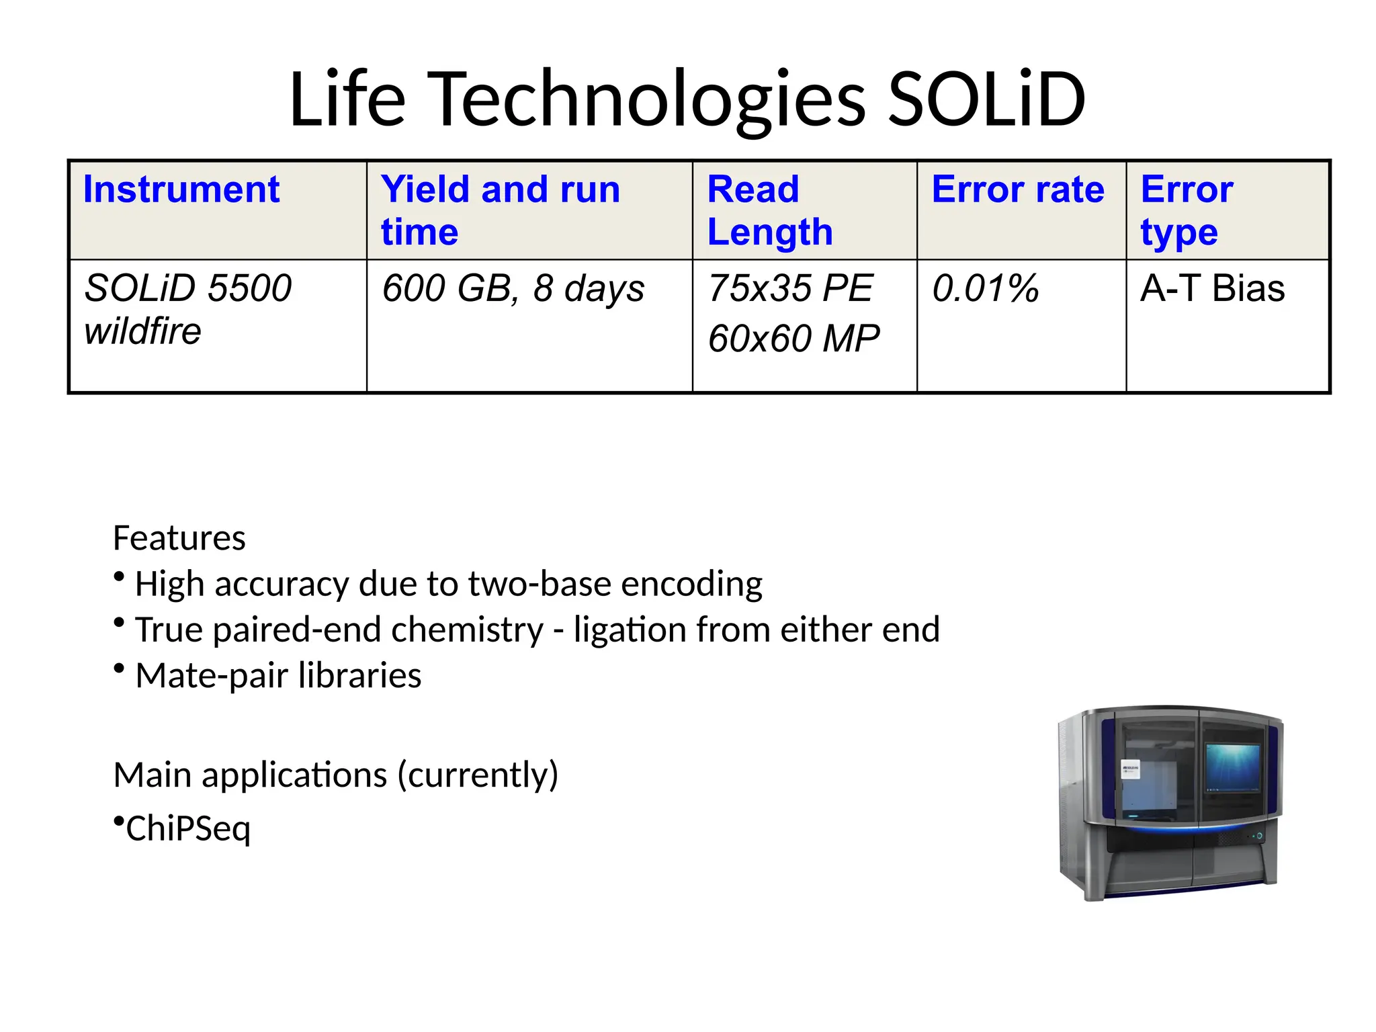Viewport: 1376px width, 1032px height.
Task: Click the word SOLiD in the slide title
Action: pyautogui.click(x=986, y=99)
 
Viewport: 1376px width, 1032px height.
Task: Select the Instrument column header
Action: pyautogui.click(x=181, y=189)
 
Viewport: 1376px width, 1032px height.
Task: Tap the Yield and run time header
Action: pyautogui.click(x=500, y=210)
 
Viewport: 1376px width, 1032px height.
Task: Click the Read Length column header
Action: pyautogui.click(x=769, y=210)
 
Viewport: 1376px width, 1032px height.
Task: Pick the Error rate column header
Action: pyautogui.click(x=1017, y=189)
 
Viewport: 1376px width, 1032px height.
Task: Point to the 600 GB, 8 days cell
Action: pyautogui.click(x=512, y=289)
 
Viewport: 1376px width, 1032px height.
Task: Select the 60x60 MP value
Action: pyautogui.click(x=793, y=339)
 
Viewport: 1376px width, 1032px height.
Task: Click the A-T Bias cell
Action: pyautogui.click(x=1212, y=289)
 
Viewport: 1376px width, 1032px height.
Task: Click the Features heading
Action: pyautogui.click(x=179, y=538)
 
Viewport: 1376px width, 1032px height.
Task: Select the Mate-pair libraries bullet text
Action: pyautogui.click(x=278, y=676)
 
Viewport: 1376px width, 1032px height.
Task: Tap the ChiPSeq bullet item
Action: pyautogui.click(x=187, y=828)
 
